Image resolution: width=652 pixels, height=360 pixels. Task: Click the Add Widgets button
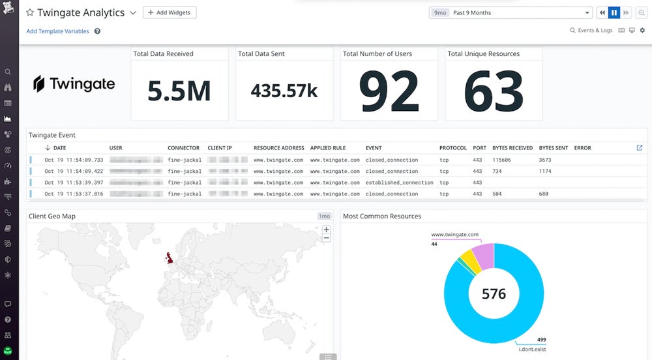[170, 12]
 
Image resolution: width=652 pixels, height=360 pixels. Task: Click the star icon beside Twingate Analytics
[30, 13]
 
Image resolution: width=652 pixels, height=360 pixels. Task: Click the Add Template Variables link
[57, 31]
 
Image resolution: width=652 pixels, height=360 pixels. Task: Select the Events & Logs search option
[591, 31]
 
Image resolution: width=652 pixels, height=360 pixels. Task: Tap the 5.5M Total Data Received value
[179, 91]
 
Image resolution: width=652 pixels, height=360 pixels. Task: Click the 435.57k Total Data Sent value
[284, 91]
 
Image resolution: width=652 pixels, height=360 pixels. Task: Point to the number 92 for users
[389, 91]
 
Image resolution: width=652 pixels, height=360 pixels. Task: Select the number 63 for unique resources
[494, 91]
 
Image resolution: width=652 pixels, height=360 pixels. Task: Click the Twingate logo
[74, 83]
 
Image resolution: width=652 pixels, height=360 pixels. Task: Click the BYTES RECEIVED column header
[512, 148]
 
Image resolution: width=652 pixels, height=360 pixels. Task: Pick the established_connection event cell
[399, 183]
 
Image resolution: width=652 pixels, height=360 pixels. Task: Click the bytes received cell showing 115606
[501, 160]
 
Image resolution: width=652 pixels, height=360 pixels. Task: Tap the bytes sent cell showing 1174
[545, 172]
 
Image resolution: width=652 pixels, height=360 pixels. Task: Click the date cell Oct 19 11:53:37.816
[74, 194]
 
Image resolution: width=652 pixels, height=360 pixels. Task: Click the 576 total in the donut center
[494, 294]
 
